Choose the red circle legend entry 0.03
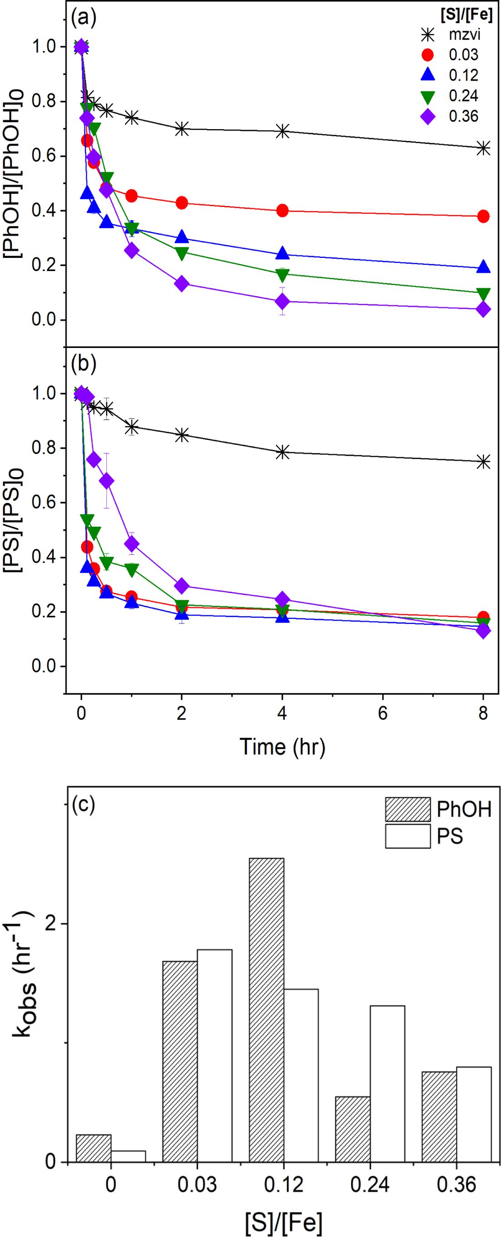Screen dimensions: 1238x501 point(427,55)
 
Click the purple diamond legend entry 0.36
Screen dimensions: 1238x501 point(427,116)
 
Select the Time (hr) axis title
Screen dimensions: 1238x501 point(282,747)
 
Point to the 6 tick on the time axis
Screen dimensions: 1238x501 point(383,713)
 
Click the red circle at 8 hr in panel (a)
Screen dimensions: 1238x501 point(484,216)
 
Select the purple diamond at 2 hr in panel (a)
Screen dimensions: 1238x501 point(181,283)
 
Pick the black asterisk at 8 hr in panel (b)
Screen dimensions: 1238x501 point(484,462)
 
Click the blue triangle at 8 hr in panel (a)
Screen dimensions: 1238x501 point(484,267)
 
